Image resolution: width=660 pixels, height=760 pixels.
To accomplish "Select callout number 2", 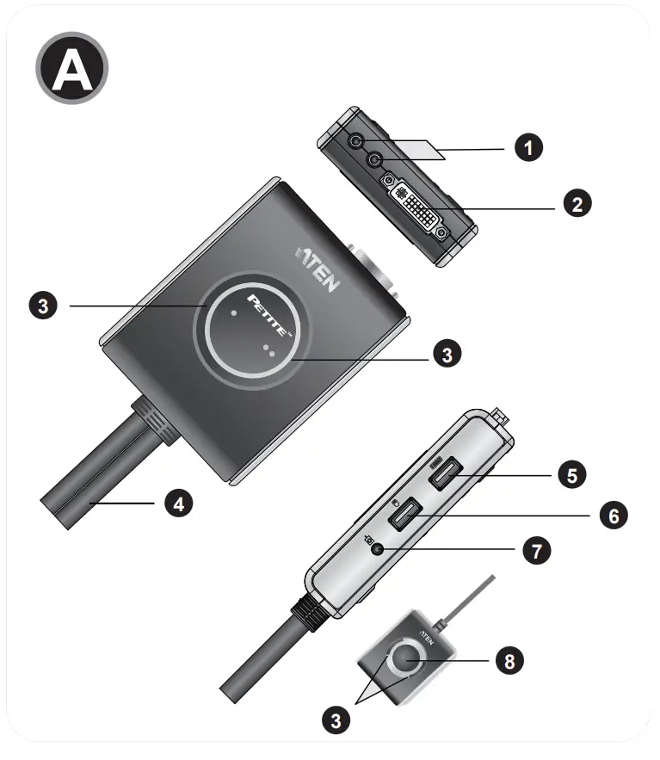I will pos(576,204).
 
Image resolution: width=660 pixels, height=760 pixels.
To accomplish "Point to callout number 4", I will pos(178,504).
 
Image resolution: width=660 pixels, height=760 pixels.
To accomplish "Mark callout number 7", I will pos(536,550).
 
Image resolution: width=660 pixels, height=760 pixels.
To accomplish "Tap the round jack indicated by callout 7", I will pos(375,548).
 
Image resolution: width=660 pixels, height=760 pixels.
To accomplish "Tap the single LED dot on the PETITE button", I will pos(235,314).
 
